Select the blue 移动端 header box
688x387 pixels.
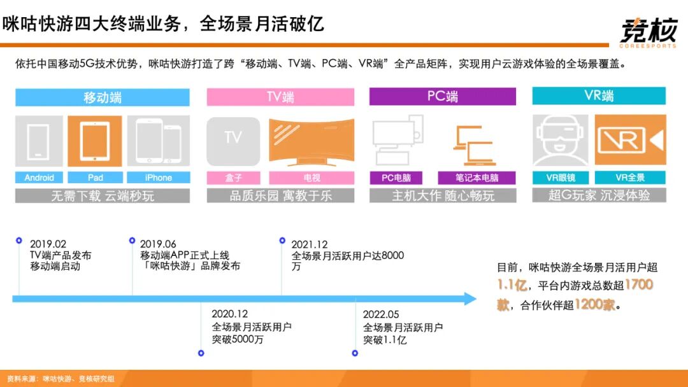point(103,97)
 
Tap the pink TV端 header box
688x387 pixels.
point(280,97)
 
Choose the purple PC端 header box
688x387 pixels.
point(443,97)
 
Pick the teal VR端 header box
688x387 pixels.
point(599,96)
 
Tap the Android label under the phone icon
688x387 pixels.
point(39,178)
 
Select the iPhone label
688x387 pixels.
point(158,178)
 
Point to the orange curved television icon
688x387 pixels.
point(312,141)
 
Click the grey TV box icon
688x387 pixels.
point(233,141)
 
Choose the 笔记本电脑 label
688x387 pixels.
point(477,178)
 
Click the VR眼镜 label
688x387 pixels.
point(561,178)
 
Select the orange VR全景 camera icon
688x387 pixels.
point(630,141)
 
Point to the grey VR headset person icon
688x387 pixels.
point(561,141)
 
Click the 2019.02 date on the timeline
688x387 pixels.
point(48,244)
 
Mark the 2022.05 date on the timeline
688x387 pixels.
point(381,314)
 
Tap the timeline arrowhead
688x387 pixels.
point(470,298)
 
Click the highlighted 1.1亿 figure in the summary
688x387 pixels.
point(512,285)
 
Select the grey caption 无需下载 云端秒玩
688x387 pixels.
point(103,196)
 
